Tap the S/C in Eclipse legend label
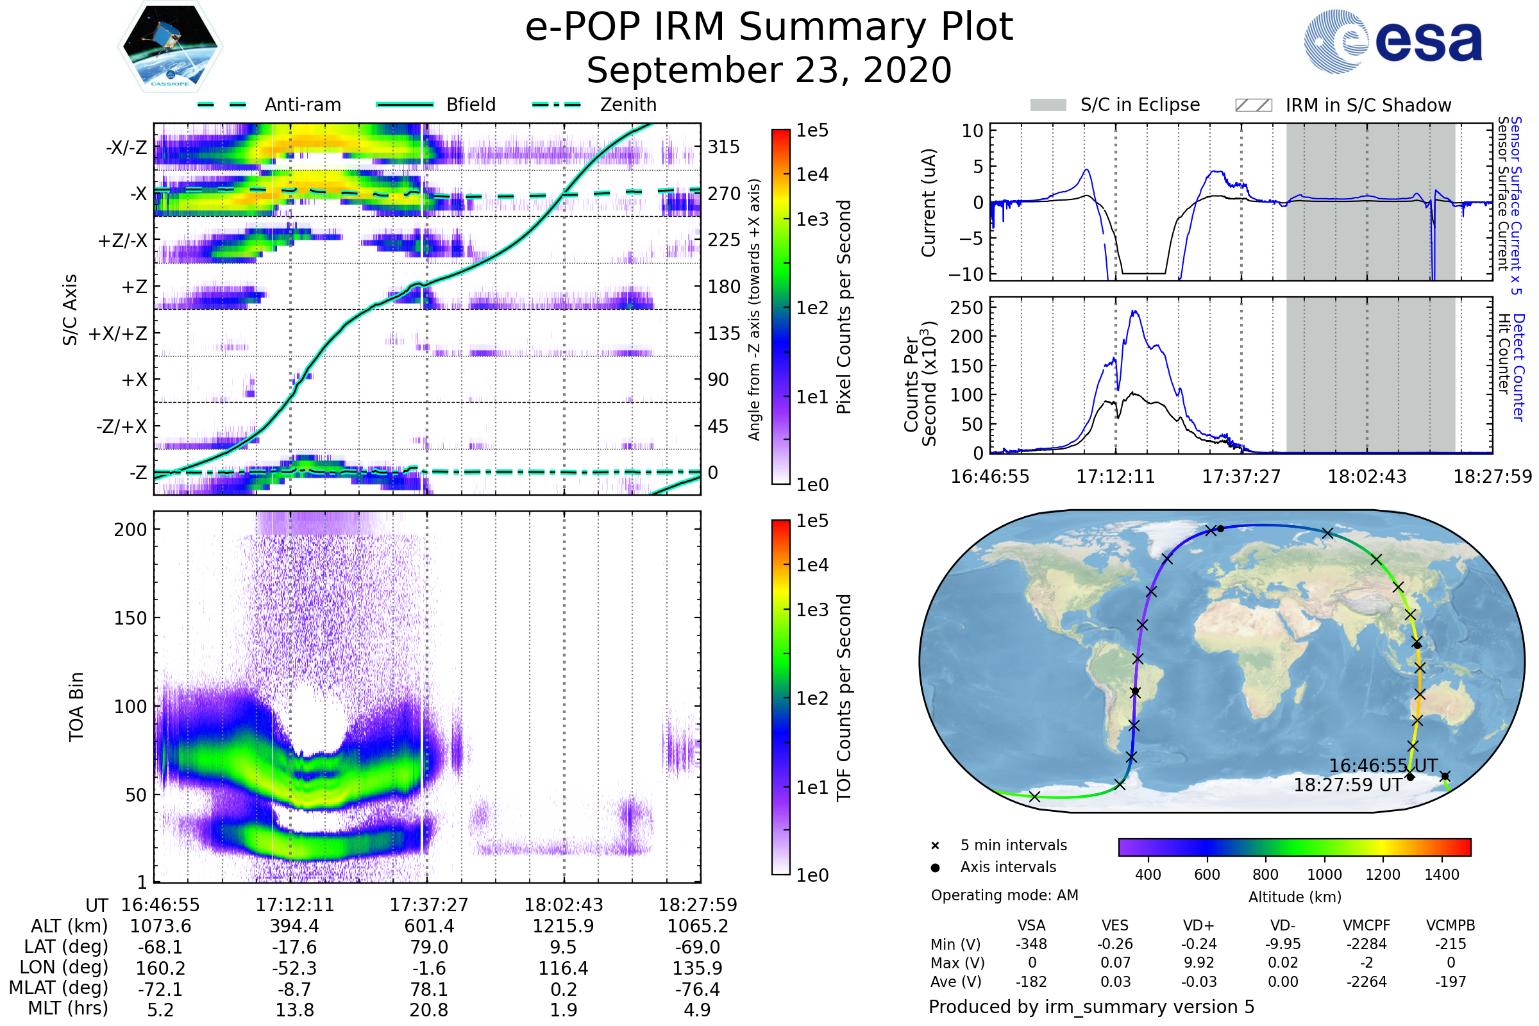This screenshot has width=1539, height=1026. pos(1140,105)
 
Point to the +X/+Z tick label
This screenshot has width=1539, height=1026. pos(118,333)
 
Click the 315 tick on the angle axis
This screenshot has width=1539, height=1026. pos(724,147)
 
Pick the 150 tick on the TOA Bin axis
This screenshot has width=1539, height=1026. pos(130,618)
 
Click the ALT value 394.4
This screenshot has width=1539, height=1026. pos(294,926)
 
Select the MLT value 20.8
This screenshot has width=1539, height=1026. pos(428,1009)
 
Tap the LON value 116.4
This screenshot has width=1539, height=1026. pos(563,968)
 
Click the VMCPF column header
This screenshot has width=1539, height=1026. pos(1367,925)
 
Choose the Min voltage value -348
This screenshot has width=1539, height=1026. pos(1031,944)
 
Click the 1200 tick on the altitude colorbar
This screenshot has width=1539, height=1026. pos(1383,875)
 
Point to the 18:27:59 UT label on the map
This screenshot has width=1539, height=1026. pos(1347,785)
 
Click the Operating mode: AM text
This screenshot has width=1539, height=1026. pos(1004,895)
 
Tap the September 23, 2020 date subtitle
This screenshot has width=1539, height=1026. pos(769,71)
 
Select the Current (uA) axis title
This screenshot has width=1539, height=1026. pos(929,203)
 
